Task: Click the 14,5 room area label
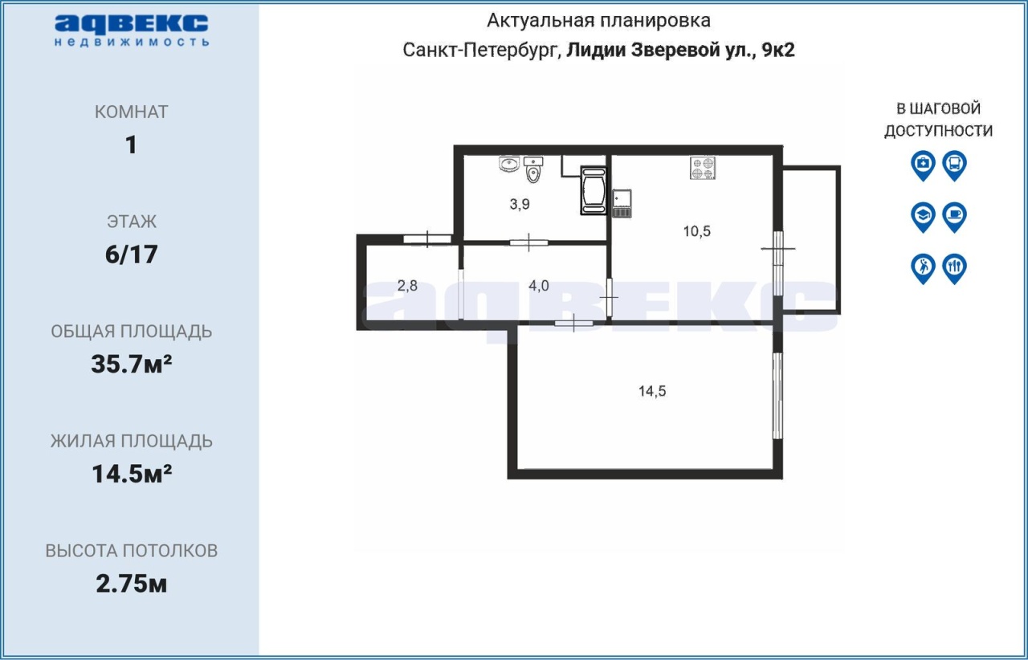652,391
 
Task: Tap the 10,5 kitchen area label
696,231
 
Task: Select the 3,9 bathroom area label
520,204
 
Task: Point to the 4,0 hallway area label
539,286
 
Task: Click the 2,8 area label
407,286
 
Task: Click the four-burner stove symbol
703,168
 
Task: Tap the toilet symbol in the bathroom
532,169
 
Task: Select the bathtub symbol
594,190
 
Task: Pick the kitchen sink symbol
622,203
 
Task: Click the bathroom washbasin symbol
509,164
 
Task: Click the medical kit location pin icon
923,165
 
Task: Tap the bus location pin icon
955,165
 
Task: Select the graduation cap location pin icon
923,217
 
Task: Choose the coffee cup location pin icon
955,217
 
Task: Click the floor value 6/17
131,255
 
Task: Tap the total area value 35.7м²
131,365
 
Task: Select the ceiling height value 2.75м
131,584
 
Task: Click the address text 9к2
778,50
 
